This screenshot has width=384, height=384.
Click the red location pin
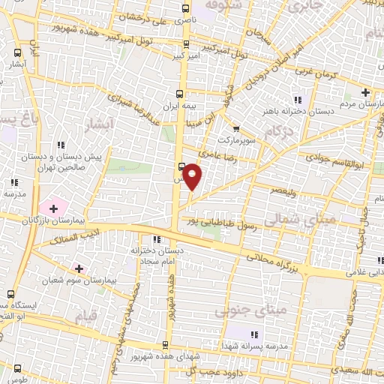[193, 175]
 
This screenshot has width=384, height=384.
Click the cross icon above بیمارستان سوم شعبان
[79, 268]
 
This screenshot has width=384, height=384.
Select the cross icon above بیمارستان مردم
[365, 93]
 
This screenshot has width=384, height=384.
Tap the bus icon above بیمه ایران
[179, 94]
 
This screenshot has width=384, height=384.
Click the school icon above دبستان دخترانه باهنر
[298, 99]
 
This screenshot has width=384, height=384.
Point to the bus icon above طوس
[16, 367]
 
